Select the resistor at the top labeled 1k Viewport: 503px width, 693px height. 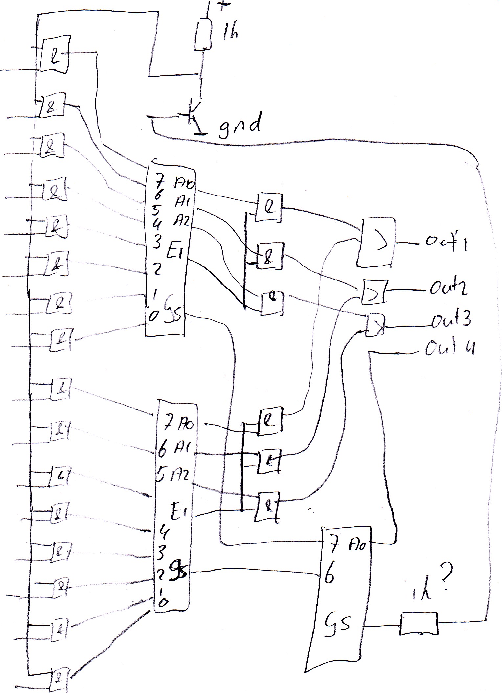(x=202, y=35)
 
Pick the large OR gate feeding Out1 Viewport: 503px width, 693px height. (x=376, y=242)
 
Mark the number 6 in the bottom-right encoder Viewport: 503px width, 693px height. (x=329, y=577)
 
